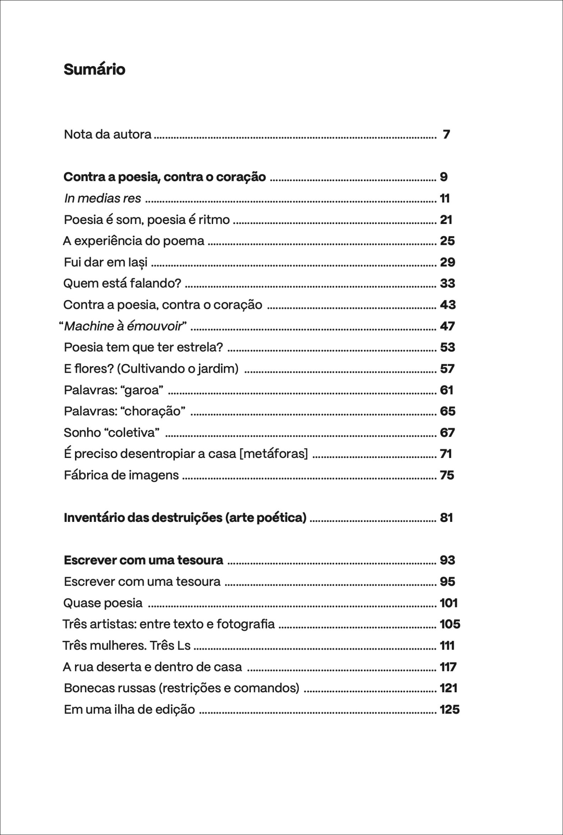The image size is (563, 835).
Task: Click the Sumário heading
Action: coord(94,69)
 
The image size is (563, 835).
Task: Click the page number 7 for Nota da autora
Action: coord(446,134)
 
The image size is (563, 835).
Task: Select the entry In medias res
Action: coord(103,198)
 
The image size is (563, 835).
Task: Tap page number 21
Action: coord(446,220)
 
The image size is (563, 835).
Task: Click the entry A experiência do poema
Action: coord(134,241)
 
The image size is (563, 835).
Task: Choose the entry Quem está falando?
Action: coord(122,283)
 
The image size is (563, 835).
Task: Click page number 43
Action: coord(448,305)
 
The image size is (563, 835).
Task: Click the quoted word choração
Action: coord(154,411)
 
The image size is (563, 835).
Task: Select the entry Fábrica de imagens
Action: coord(121,475)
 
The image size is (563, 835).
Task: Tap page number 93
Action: coord(448,560)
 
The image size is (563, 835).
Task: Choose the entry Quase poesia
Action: coord(103,603)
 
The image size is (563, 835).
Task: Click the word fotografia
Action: coord(245,624)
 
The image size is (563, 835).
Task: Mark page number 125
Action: coord(450,710)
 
